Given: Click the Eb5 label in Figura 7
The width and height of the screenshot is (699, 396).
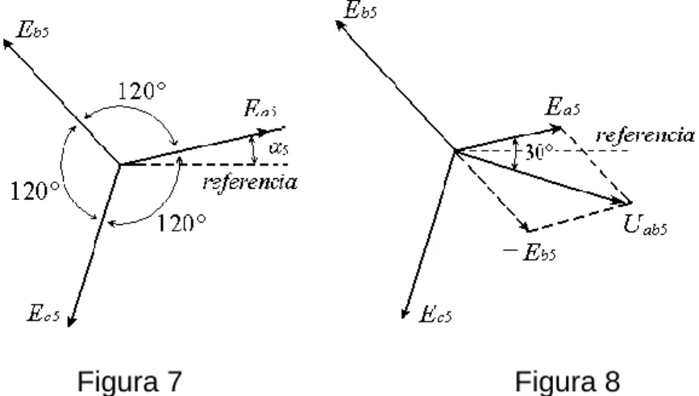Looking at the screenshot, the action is click(x=32, y=30).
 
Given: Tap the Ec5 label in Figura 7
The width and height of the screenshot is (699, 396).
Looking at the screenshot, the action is click(x=44, y=313).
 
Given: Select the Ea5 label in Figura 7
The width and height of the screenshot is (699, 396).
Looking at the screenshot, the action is click(x=260, y=108).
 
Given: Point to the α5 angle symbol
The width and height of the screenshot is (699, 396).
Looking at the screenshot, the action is click(x=279, y=148).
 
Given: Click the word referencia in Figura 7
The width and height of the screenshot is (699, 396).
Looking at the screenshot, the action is click(x=250, y=182).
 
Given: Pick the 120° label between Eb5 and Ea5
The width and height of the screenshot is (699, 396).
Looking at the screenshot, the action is click(x=142, y=91).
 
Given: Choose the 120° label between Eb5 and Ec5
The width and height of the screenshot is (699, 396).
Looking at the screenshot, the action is click(x=35, y=191).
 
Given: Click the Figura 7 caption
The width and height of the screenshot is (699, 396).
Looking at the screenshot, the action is click(x=130, y=381).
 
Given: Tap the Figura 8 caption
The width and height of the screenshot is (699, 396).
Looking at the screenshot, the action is click(x=568, y=381).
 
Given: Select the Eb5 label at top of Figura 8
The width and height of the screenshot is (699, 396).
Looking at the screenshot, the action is click(x=360, y=10).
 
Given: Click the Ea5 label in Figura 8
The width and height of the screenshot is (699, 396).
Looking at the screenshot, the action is click(x=563, y=107).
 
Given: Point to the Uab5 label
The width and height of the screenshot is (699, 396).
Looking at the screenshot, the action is click(x=645, y=224).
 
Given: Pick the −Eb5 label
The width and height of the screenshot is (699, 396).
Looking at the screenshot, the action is click(x=529, y=252).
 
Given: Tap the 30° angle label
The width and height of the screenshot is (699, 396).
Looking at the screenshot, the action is click(x=539, y=152).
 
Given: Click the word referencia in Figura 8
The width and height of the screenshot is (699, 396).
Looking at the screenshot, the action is click(x=645, y=135).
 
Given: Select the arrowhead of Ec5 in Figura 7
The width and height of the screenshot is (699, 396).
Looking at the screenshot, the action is click(x=71, y=321).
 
